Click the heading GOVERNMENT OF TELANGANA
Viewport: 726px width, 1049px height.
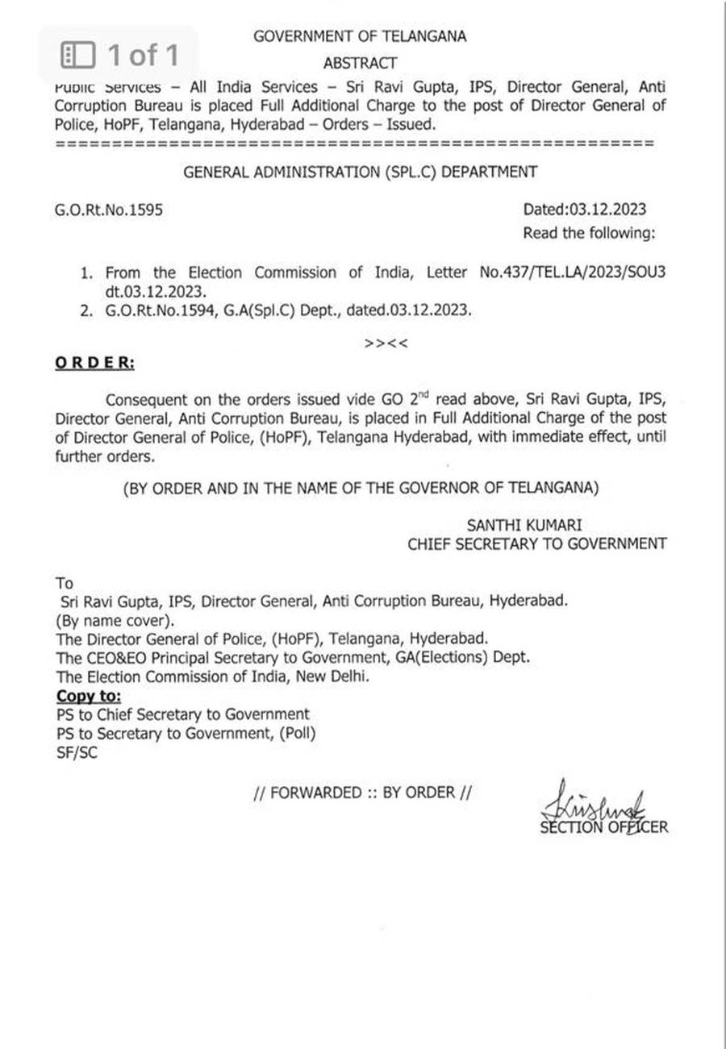(360, 36)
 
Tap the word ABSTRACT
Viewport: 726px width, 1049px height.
(360, 63)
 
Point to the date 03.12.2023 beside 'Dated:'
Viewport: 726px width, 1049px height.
(607, 210)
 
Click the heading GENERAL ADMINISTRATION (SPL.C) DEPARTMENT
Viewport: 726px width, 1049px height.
(360, 171)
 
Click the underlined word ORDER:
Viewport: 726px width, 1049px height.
(94, 363)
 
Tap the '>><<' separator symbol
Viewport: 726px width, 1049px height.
(386, 343)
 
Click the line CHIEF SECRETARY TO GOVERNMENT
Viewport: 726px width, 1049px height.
(536, 544)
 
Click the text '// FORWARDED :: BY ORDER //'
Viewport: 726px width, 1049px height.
(362, 793)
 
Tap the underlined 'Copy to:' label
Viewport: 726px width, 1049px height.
(89, 696)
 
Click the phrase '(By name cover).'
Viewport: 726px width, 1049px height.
(114, 621)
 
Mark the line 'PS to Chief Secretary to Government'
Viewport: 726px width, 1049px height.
(183, 714)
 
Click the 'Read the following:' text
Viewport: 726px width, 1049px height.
(590, 234)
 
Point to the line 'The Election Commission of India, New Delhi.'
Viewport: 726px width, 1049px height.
(213, 677)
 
